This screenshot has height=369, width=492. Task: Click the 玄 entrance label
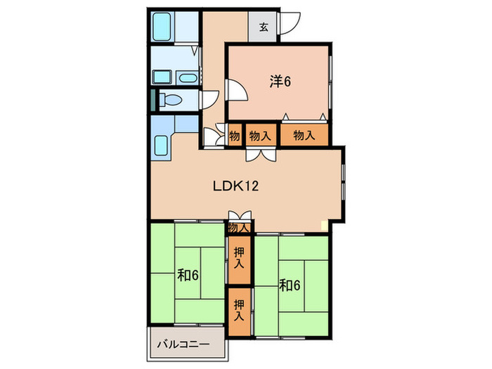(264, 27)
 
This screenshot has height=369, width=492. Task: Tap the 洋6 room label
(280, 82)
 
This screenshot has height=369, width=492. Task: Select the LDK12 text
(235, 186)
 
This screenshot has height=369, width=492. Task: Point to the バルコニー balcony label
(183, 344)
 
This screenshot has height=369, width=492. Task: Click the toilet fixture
(170, 101)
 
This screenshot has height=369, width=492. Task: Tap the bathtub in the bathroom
(162, 27)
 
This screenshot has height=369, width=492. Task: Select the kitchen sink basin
(161, 145)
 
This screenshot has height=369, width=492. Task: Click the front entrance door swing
(290, 23)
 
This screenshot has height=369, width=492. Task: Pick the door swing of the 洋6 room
(238, 90)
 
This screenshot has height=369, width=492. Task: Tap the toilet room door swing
(209, 100)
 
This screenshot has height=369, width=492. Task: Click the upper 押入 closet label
(239, 258)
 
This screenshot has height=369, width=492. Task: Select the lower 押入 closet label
(239, 310)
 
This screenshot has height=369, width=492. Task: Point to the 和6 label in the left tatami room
(188, 276)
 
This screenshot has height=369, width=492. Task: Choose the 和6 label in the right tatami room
(290, 285)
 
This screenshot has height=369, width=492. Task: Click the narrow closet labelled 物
(235, 136)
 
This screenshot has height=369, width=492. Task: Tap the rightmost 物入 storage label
(304, 135)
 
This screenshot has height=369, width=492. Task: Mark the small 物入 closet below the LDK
(239, 228)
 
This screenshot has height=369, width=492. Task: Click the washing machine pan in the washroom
(162, 77)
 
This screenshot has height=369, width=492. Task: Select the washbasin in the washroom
(188, 77)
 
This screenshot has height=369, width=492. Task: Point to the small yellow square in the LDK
(324, 226)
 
